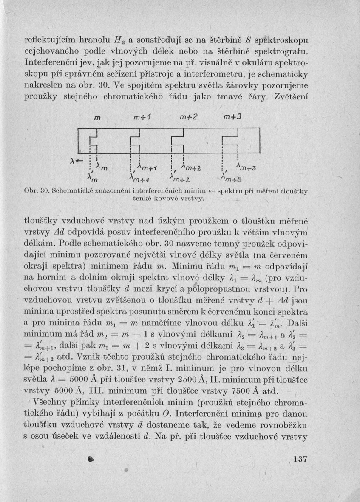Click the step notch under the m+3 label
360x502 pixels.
click(230, 141)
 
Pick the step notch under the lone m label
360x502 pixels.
click(93, 141)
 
